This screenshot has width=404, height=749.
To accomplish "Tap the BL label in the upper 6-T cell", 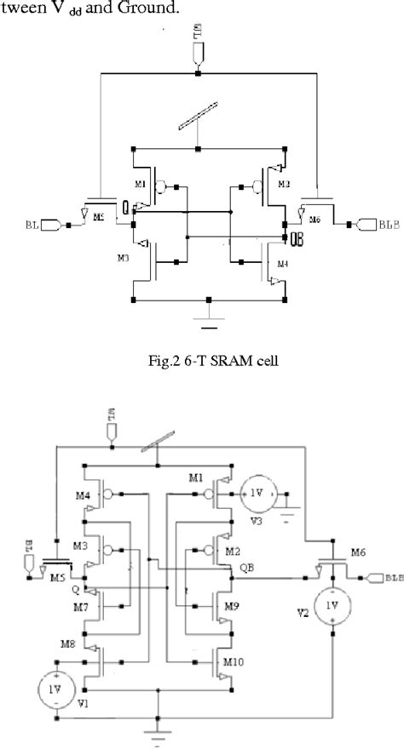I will [x=32, y=225].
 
